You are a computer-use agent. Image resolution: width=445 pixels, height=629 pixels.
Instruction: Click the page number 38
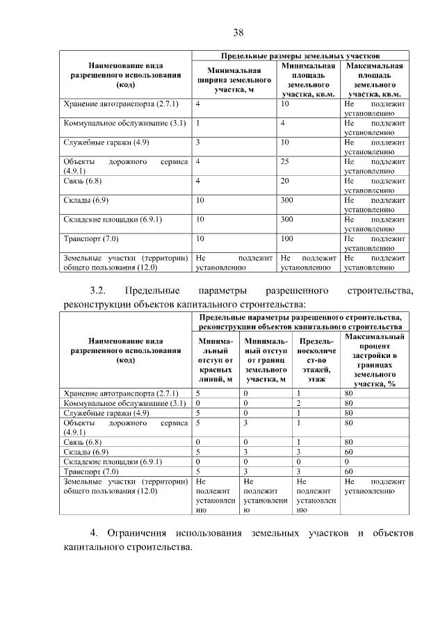click(x=238, y=33)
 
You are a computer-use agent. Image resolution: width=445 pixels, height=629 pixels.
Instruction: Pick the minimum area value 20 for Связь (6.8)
click(x=284, y=181)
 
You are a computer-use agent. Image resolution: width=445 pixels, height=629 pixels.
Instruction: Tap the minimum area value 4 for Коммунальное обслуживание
click(x=283, y=123)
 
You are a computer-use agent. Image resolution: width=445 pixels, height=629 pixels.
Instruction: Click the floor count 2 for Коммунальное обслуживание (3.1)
click(x=298, y=403)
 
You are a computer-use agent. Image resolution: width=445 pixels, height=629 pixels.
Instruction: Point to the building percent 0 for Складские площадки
click(x=347, y=461)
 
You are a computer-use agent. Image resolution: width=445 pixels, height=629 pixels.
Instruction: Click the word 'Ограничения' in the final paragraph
click(x=137, y=533)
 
